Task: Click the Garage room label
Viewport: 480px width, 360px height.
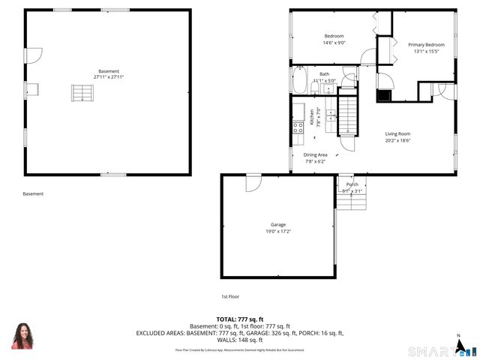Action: click(278, 225)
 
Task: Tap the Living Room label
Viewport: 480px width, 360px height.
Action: click(397, 133)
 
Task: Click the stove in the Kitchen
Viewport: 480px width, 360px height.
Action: click(298, 127)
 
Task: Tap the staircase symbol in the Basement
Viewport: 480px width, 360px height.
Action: click(83, 93)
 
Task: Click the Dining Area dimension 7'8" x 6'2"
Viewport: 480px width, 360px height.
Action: click(315, 161)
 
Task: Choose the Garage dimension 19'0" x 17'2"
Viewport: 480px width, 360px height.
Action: click(278, 232)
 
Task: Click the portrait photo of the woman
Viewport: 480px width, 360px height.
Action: click(22, 336)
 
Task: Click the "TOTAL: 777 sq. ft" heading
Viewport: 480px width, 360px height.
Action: click(240, 319)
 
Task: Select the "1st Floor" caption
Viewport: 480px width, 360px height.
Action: click(229, 296)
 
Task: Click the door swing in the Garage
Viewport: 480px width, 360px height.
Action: click(253, 182)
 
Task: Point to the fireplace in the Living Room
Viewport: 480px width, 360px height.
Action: click(383, 94)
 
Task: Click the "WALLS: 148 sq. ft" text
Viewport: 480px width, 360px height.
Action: click(240, 340)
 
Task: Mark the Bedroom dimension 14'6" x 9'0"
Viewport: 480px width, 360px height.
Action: click(334, 43)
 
